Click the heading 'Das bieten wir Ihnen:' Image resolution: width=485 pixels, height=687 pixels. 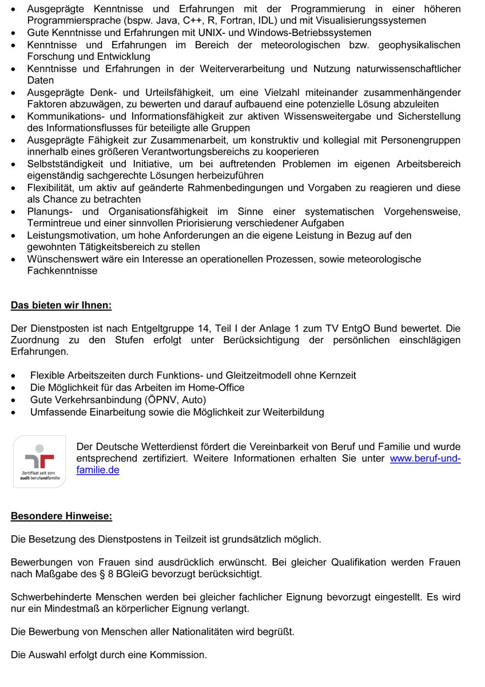point(61,305)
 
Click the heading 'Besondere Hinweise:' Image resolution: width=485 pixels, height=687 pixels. point(62,516)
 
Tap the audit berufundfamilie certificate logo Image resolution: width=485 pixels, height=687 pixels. point(39,461)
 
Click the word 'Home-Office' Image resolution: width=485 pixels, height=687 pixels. point(220,388)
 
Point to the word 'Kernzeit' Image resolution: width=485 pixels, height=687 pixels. point(338,376)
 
